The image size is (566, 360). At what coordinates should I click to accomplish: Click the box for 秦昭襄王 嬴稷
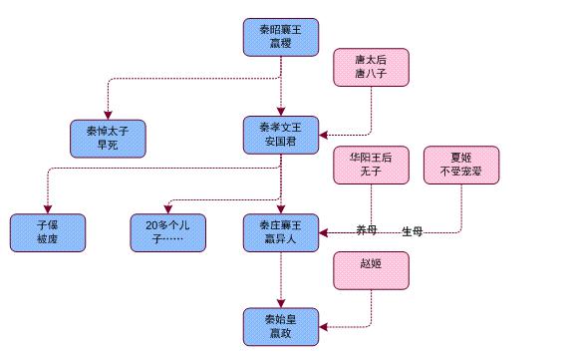(281, 37)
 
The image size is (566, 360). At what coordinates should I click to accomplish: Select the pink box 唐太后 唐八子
(371, 70)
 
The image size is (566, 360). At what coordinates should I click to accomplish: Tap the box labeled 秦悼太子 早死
(109, 136)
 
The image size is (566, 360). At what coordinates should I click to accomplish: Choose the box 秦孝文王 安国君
(281, 135)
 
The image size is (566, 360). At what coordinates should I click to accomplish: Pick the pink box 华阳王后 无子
(371, 165)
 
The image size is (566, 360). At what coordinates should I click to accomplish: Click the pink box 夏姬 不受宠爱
(460, 165)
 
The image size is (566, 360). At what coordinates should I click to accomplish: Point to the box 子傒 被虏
(48, 232)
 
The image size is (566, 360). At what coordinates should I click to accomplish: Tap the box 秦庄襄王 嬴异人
(281, 232)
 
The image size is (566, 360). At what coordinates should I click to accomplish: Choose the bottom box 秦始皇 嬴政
(281, 327)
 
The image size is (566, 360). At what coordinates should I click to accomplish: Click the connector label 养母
(368, 231)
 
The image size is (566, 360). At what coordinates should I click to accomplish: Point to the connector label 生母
(413, 231)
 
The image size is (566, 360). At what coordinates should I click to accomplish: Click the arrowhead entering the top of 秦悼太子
(109, 113)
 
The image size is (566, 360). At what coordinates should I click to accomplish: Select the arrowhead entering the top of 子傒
(48, 208)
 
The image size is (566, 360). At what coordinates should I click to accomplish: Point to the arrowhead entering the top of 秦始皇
(281, 303)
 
